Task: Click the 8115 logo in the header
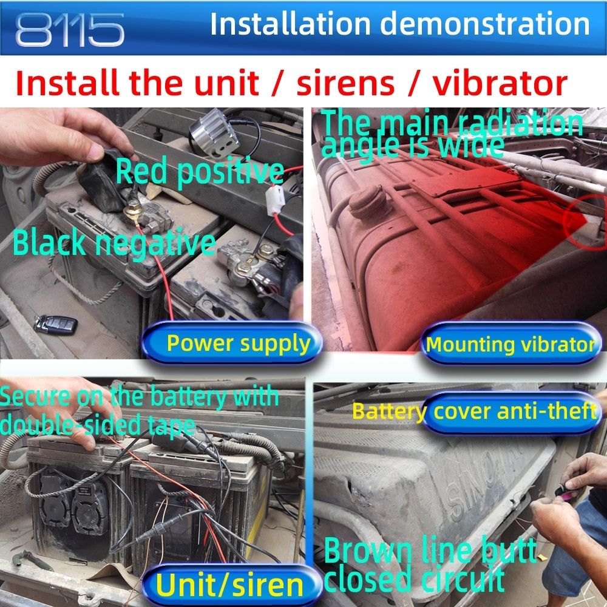tap(70, 30)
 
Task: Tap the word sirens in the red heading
tap(345, 83)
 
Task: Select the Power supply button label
tap(239, 344)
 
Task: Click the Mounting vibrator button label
tap(510, 344)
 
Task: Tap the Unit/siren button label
tap(229, 585)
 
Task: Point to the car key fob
tap(55, 324)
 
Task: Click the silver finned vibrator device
tap(214, 132)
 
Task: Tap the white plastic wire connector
tap(276, 200)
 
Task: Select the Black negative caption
tap(114, 242)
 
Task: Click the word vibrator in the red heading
tap(500, 83)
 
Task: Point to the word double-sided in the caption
tap(70, 425)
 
